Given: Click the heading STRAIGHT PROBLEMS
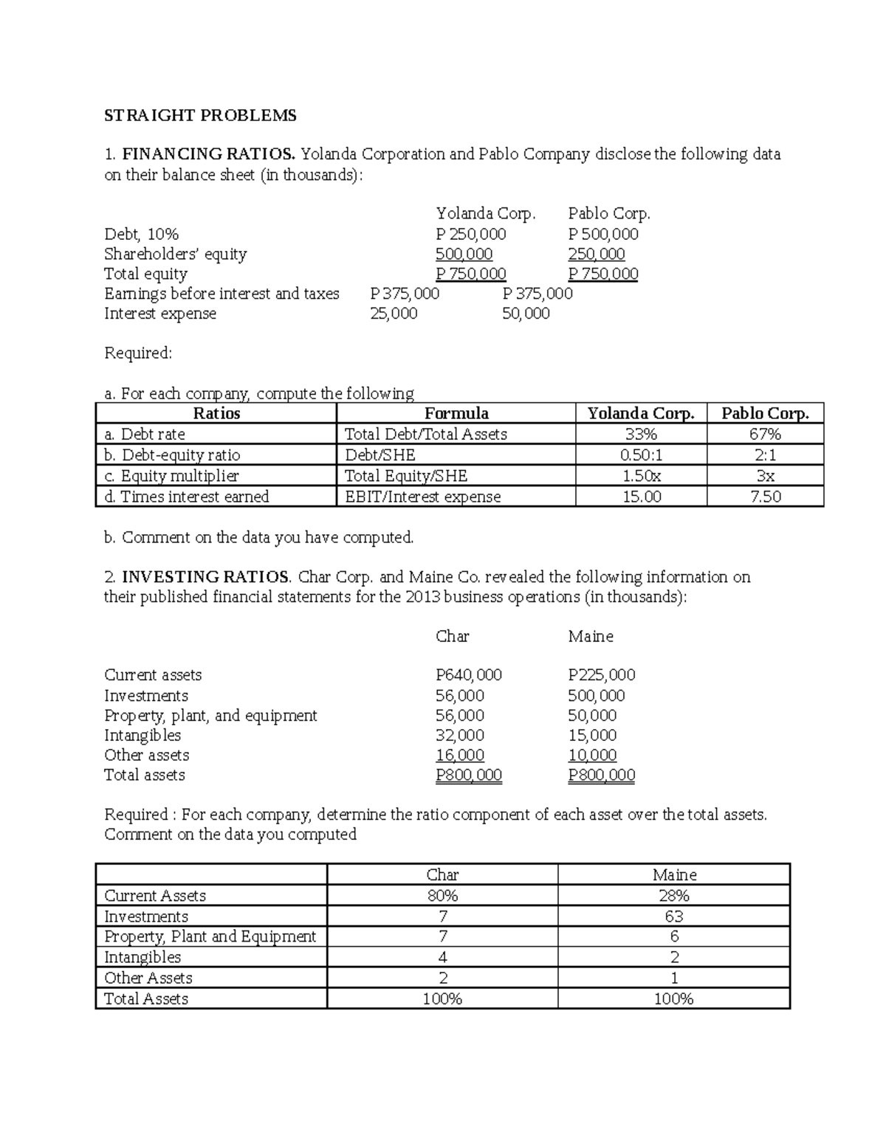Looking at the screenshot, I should tap(200, 115).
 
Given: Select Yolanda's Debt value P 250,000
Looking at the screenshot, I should tap(471, 234).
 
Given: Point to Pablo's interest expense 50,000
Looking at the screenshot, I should tap(526, 314).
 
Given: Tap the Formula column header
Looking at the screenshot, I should tap(456, 413).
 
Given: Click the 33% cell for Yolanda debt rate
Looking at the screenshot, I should tap(641, 434).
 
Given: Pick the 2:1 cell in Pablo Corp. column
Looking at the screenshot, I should tap(765, 455).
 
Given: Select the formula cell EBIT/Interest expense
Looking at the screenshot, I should tap(423, 497).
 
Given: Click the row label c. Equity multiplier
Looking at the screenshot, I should tap(172, 476).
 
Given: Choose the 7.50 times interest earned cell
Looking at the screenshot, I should tap(765, 497).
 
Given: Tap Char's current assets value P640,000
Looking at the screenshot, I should tap(469, 675).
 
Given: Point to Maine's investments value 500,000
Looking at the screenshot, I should tap(597, 696).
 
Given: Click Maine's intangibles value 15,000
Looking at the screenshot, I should tap(592, 736).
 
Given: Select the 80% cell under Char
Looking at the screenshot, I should tap(442, 896).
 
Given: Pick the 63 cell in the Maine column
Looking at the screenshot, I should tap(674, 917).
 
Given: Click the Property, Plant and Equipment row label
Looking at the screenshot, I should tap(210, 936).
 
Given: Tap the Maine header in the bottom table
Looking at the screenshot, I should tap(674, 875).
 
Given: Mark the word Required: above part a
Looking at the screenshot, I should tap(138, 353).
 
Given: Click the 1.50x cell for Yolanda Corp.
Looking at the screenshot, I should tap(641, 476).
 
